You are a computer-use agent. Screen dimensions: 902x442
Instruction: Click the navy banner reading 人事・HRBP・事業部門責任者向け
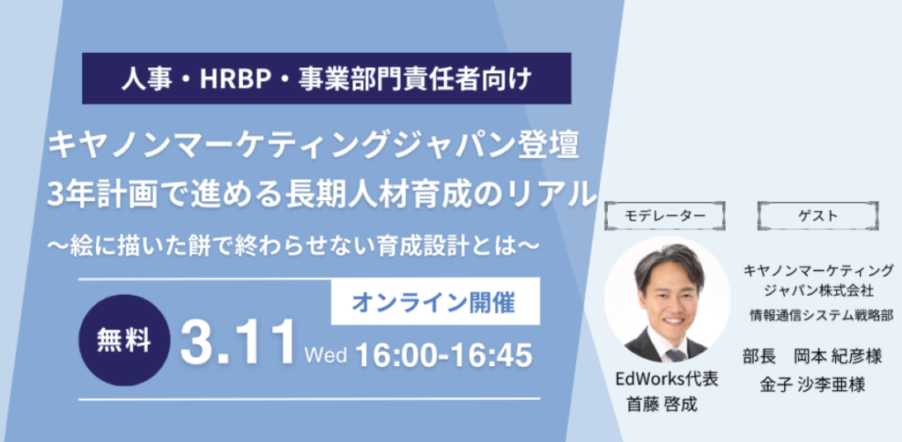pyautogui.click(x=326, y=79)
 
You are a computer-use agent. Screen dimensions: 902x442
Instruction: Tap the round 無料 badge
pyautogui.click(x=124, y=340)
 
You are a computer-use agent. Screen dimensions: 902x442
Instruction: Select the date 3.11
pyautogui.click(x=238, y=345)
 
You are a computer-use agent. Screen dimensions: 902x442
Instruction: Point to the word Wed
pyautogui.click(x=326, y=355)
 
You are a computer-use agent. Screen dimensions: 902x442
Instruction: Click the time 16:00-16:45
pyautogui.click(x=444, y=355)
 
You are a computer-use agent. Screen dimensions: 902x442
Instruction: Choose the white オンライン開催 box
pyautogui.click(x=435, y=301)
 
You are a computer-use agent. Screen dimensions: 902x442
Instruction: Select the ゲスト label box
pyautogui.click(x=817, y=216)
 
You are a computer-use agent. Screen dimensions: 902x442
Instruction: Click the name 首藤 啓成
pyautogui.click(x=662, y=405)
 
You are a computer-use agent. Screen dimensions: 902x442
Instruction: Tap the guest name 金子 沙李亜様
pyautogui.click(x=813, y=386)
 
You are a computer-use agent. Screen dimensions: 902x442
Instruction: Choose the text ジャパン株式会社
pyautogui.click(x=817, y=290)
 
